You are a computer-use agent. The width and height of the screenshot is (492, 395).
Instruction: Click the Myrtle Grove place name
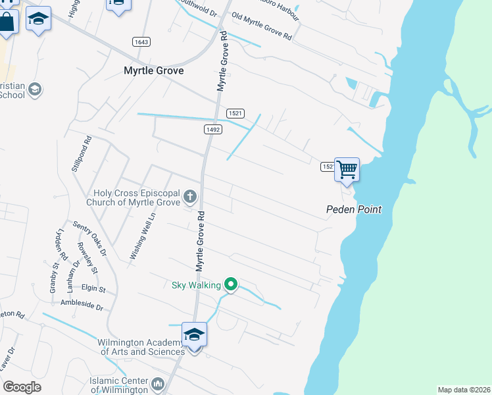coord(154,70)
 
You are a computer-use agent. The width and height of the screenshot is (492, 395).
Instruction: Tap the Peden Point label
coord(354,210)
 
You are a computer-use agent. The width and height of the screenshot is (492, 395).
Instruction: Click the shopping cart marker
coord(347,170)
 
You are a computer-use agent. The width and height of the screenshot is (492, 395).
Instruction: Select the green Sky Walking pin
coord(230,284)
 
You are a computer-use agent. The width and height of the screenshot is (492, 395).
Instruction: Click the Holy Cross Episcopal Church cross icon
coord(190,196)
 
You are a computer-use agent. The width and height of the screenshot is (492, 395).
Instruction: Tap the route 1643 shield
coord(141,41)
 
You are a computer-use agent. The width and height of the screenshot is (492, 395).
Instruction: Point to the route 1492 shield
coord(212,130)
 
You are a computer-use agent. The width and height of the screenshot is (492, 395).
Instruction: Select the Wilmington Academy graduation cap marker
coord(194,335)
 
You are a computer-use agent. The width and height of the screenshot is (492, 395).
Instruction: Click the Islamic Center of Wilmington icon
coord(157,383)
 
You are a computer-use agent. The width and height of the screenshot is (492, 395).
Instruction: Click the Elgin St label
coord(93,288)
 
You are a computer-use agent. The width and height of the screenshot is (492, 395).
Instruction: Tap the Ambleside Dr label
coord(82,306)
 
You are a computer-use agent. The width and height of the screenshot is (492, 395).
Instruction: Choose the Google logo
coord(22,387)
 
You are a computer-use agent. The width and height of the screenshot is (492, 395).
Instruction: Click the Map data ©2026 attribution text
coord(464,390)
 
